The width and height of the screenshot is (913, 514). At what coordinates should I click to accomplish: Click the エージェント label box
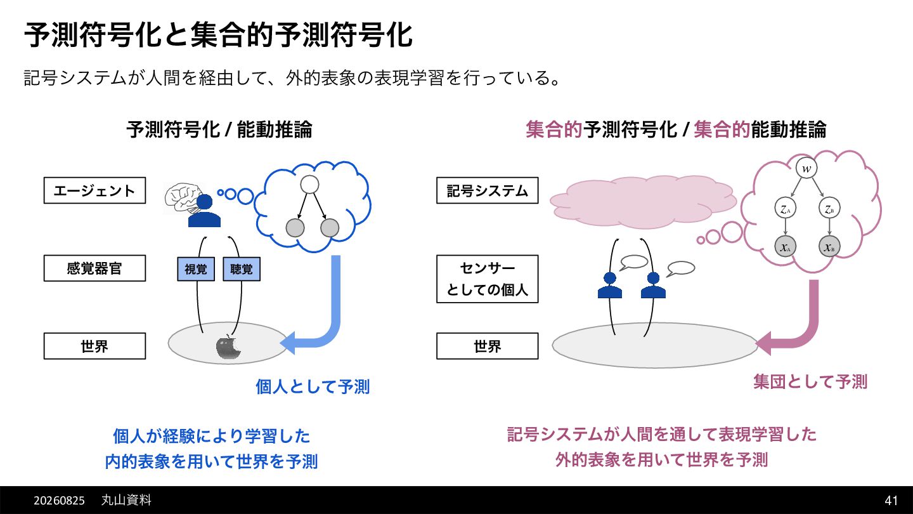[94, 190]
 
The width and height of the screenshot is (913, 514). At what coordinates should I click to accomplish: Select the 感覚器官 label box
[94, 268]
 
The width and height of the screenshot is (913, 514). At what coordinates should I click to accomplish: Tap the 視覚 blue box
[196, 269]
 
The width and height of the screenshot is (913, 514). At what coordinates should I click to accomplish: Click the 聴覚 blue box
[242, 269]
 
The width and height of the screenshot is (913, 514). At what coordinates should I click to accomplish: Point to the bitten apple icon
[228, 347]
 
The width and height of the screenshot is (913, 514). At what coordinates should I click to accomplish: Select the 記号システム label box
[487, 190]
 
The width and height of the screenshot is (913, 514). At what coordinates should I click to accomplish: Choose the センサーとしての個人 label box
[487, 279]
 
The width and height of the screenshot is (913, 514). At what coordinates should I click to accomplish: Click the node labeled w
[806, 168]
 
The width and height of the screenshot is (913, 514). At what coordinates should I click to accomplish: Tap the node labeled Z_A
[785, 208]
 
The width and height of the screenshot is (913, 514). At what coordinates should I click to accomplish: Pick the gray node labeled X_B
[829, 246]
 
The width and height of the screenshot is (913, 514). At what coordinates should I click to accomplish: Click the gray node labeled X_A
[785, 246]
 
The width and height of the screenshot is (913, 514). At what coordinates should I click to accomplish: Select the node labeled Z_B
[829, 208]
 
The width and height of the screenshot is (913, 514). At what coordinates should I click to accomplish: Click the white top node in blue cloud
[309, 185]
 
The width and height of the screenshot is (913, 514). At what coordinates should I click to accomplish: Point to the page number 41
[891, 500]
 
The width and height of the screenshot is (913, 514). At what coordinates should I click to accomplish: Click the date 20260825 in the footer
[59, 501]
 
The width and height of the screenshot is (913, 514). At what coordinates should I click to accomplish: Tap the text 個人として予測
[313, 386]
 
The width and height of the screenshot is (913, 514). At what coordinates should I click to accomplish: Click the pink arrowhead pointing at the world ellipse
[763, 343]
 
